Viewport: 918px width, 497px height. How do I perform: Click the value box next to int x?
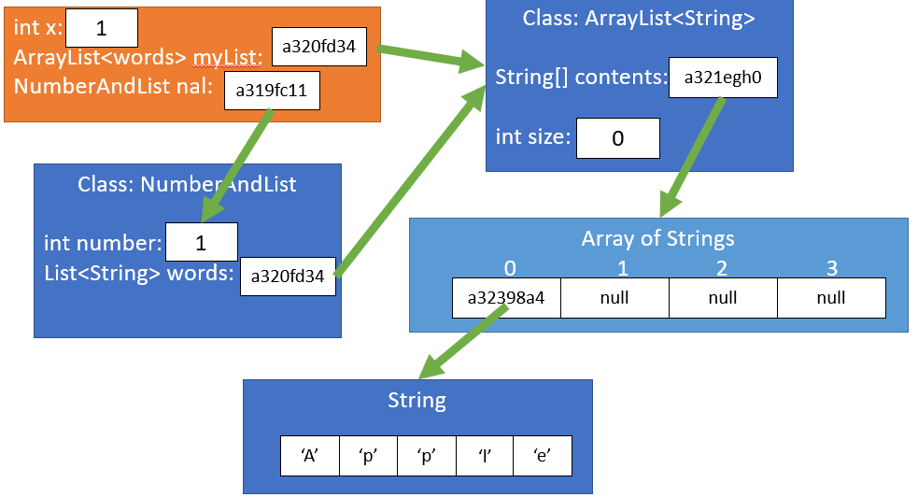click(102, 27)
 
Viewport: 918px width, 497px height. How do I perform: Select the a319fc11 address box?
click(272, 92)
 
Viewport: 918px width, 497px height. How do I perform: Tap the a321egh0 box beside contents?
click(723, 78)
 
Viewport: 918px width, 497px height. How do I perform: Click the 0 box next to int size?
click(617, 138)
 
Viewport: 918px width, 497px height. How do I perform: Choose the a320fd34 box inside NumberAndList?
click(288, 276)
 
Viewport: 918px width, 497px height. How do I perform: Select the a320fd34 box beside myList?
click(318, 47)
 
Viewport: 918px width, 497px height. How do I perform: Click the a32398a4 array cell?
click(506, 298)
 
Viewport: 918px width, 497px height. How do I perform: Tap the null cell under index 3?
click(830, 298)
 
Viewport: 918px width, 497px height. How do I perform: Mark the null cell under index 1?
click(614, 298)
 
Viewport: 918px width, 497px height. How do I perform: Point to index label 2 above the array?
click(722, 269)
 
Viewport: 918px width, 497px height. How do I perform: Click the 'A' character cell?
click(310, 457)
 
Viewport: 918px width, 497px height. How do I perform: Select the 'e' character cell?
click(542, 457)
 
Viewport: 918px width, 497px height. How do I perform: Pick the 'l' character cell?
click(484, 457)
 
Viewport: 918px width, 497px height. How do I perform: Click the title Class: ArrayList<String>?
click(639, 19)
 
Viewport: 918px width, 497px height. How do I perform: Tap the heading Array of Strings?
click(657, 238)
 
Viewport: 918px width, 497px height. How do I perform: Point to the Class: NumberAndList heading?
click(187, 184)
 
